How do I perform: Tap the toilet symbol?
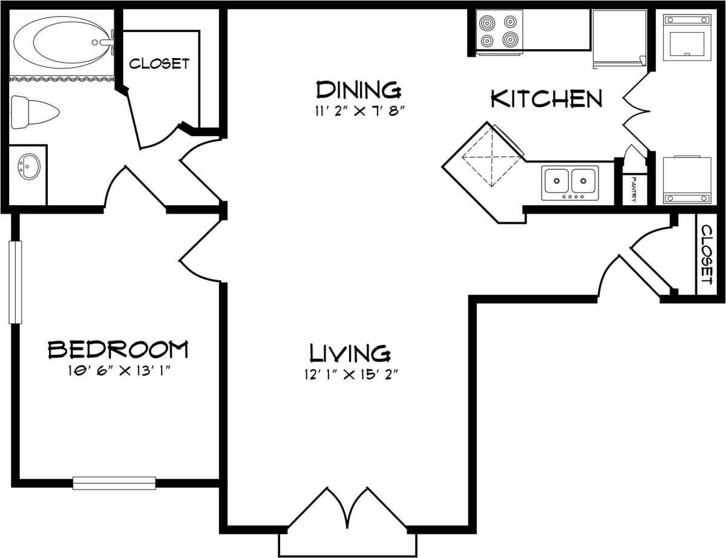[x=35, y=113]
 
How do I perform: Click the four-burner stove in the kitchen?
[x=500, y=31]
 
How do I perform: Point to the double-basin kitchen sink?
[x=569, y=181]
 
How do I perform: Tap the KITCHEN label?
[x=546, y=99]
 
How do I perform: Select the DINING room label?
[x=358, y=90]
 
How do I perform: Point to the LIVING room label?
[x=349, y=352]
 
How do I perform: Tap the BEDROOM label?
[x=118, y=349]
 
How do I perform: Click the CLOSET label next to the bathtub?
[x=160, y=64]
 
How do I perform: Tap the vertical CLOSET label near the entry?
[x=705, y=254]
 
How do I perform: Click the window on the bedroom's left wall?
[x=15, y=282]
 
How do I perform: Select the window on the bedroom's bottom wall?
[x=114, y=483]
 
